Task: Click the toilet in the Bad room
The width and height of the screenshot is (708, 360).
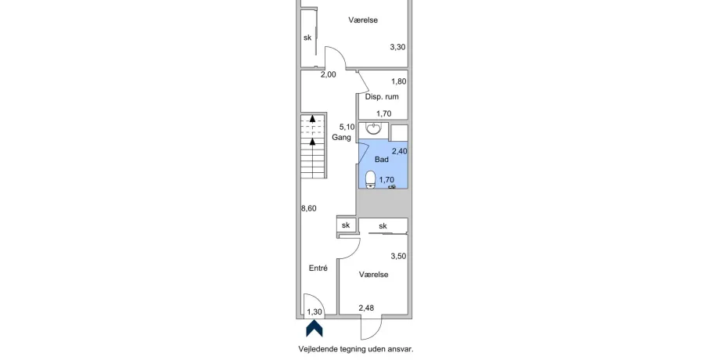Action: pos(370,179)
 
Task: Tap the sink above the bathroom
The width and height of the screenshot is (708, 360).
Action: pos(373,128)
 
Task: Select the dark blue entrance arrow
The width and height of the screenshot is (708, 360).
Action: pos(314,329)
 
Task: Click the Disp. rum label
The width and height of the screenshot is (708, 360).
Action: pos(382,97)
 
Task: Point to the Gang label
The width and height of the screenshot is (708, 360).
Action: pos(341,137)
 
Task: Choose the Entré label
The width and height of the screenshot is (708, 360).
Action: pos(318,268)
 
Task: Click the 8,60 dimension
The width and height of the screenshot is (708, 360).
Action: pos(309,208)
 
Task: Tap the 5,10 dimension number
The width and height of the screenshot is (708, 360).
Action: pos(347,127)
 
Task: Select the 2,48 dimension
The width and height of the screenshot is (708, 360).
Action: pos(366,308)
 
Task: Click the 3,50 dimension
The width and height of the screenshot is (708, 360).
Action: pos(398,256)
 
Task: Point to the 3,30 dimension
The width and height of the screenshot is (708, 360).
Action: pos(397,47)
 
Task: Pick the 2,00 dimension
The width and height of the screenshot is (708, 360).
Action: pos(329,74)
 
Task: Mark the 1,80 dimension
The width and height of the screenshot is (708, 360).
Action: pos(399,81)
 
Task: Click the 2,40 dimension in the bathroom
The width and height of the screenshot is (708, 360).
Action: pos(400,151)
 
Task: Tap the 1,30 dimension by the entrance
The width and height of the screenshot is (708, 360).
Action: pos(314,311)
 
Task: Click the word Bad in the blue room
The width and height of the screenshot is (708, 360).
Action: pos(382,160)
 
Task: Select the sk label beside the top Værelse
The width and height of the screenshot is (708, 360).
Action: pos(307,38)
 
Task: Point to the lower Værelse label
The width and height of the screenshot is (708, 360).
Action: pos(373,274)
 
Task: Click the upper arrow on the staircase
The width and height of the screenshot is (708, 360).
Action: pos(312,119)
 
